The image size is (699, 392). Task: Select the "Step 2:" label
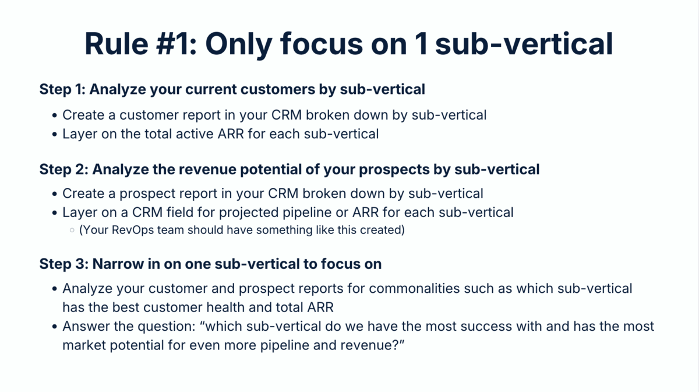[x=63, y=169]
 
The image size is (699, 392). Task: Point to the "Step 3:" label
[x=63, y=264]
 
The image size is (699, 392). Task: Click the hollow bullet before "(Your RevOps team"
[x=72, y=230]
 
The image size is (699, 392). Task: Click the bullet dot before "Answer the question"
[x=55, y=326]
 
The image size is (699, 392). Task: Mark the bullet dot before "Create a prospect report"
[x=55, y=194]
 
